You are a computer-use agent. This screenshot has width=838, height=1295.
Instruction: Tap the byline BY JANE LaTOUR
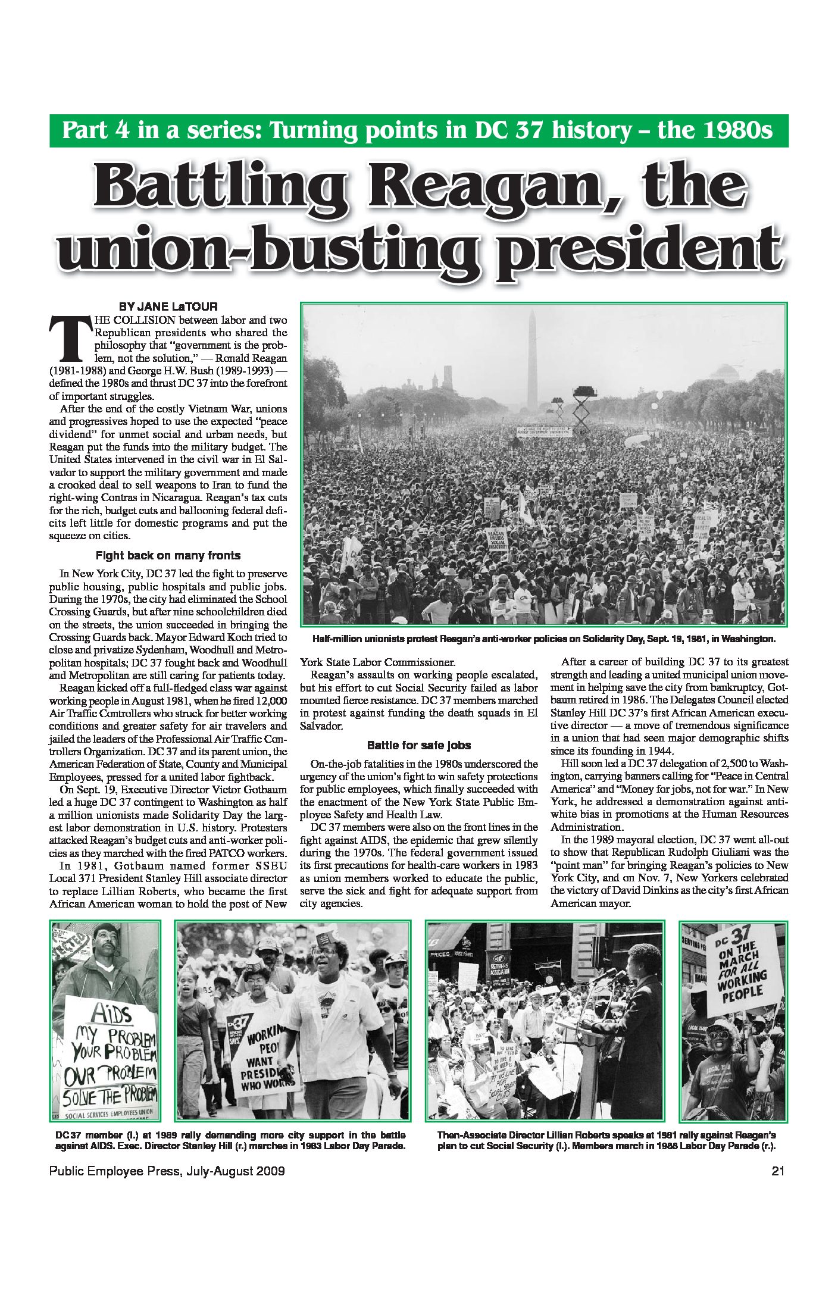168,307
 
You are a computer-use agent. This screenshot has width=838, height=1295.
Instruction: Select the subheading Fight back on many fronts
168,556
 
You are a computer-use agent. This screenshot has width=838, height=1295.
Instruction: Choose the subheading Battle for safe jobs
419,745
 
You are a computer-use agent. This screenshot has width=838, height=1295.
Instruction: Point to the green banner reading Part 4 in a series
418,131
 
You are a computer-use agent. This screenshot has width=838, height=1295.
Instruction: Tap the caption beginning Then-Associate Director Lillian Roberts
606,1140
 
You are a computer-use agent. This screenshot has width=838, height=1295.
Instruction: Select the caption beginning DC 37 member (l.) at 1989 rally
230,1140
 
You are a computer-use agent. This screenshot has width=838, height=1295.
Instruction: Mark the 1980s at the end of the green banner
736,131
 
